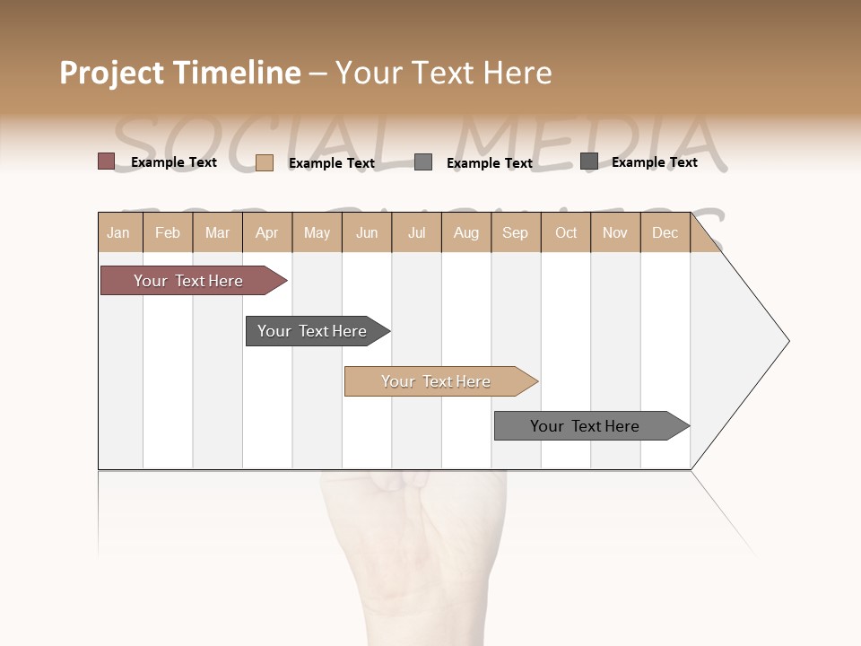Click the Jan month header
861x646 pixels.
pyautogui.click(x=118, y=233)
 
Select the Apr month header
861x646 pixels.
pyautogui.click(x=267, y=233)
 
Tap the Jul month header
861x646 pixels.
pyautogui.click(x=416, y=233)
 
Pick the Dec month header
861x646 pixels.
pyautogui.click(x=665, y=233)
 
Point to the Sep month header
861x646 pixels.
pyautogui.click(x=515, y=233)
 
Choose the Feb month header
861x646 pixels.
pyautogui.click(x=168, y=233)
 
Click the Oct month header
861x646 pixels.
pyautogui.click(x=566, y=233)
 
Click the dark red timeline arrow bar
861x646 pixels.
pyautogui.click(x=188, y=281)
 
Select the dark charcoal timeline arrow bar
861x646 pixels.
pyautogui.click(x=312, y=331)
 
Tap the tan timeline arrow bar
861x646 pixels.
pyautogui.click(x=436, y=381)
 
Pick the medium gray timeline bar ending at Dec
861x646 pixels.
pyautogui.click(x=585, y=426)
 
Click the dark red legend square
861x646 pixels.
pyautogui.click(x=107, y=161)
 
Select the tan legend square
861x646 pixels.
pyautogui.click(x=265, y=162)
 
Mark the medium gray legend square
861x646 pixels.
pyautogui.click(x=423, y=162)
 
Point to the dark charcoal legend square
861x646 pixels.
pyautogui.click(x=589, y=161)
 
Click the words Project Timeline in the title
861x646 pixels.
pyautogui.click(x=180, y=73)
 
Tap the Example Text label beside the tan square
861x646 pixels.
pyautogui.click(x=332, y=163)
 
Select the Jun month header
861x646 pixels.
pyautogui.click(x=367, y=233)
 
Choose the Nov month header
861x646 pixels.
pyautogui.click(x=615, y=233)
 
